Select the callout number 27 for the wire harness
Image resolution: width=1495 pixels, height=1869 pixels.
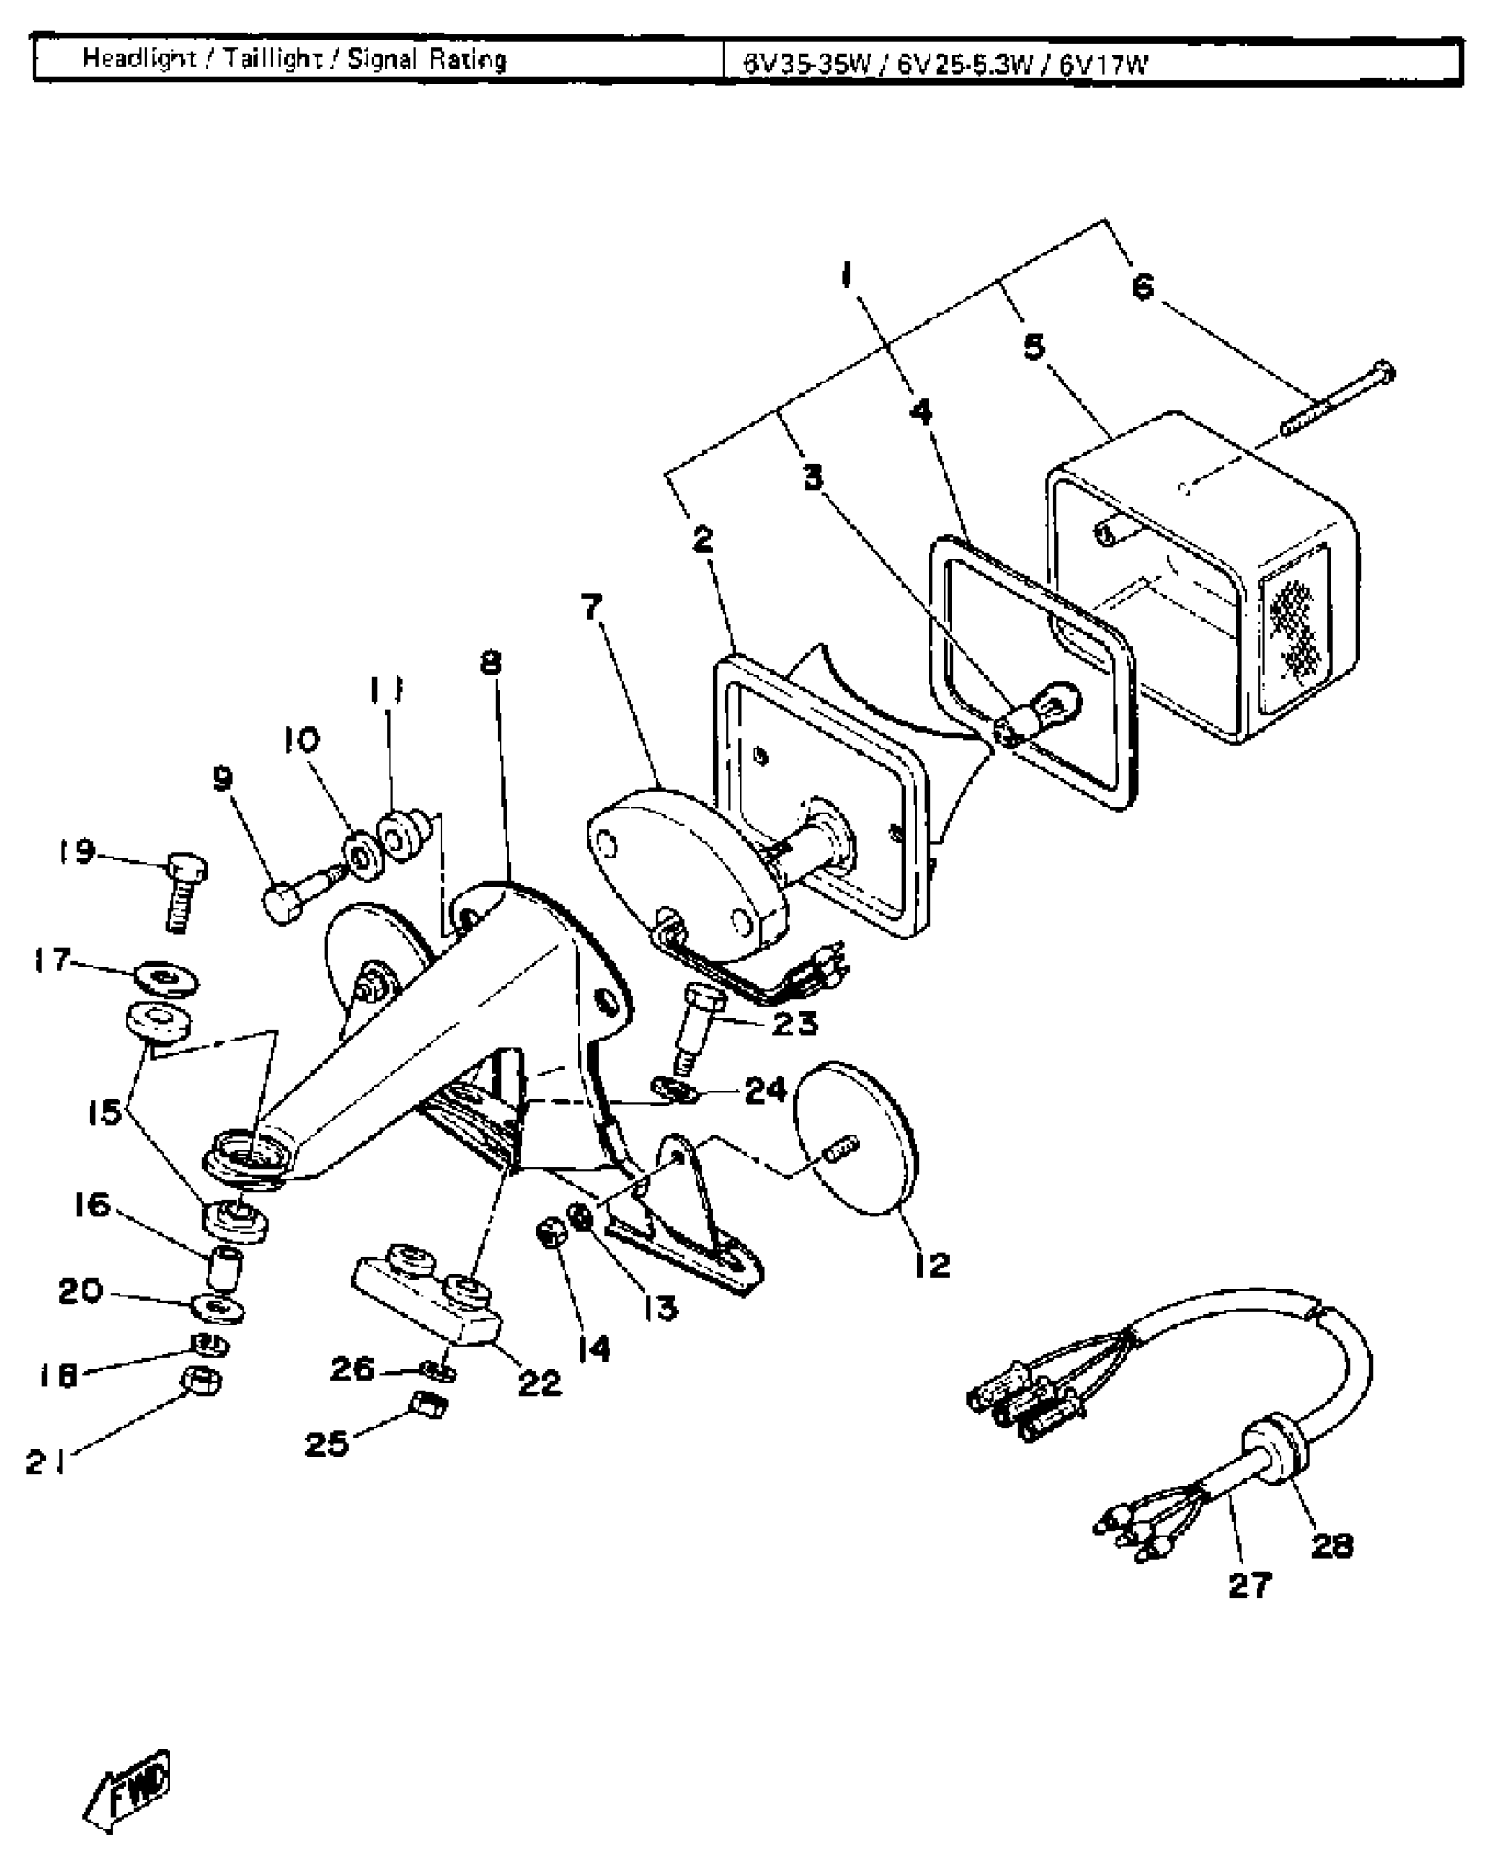1250,1585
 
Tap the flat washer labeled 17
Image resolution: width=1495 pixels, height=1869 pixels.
166,977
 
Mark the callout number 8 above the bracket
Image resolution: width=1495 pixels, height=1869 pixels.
491,662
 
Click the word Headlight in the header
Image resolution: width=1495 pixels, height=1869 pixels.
139,59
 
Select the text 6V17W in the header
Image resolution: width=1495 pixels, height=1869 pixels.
1103,64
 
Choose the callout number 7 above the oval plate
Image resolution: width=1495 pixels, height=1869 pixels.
592,606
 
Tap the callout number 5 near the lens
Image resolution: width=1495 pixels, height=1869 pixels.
1034,347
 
